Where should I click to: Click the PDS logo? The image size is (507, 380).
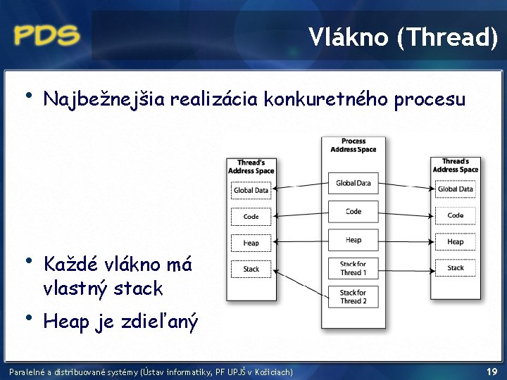coord(46,34)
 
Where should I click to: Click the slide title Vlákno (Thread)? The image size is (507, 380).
coord(403,37)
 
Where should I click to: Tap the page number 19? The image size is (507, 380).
coord(492,371)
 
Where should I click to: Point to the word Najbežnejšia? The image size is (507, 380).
coord(104,100)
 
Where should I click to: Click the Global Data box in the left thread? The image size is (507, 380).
coord(251,190)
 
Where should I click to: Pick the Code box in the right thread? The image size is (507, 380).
coord(456,215)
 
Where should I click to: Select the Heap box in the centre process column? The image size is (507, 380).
coord(353,240)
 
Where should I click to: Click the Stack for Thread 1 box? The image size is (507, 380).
coord(353,268)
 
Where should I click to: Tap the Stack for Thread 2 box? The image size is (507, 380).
coord(353,296)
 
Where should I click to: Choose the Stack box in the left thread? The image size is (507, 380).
coord(251,269)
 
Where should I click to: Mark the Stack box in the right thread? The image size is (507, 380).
coord(456,267)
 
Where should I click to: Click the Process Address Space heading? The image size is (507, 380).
coord(353,145)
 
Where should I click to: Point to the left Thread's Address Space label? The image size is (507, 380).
coord(251,167)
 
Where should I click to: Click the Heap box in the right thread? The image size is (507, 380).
coord(456,241)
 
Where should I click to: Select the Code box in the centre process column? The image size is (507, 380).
coord(353,211)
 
